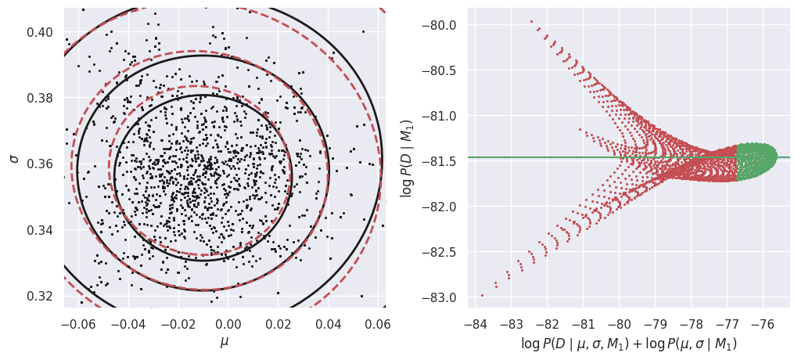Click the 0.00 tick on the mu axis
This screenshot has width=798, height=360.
point(228,322)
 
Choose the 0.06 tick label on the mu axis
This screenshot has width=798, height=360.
point(378,322)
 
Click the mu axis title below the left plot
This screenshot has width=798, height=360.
point(225,341)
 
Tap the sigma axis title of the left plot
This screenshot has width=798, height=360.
point(13,157)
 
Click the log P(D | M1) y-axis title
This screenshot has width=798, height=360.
point(406,157)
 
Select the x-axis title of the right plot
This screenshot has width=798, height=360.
point(628,343)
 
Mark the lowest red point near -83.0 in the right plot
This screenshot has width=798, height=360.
point(482,295)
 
